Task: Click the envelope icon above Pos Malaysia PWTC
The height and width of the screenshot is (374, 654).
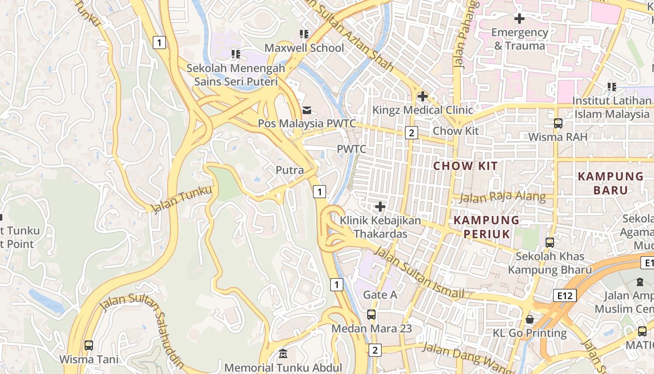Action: pyautogui.click(x=307, y=110)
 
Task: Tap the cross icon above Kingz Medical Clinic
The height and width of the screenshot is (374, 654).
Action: pyautogui.click(x=423, y=96)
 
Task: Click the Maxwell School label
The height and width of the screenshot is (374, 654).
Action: pyautogui.click(x=304, y=48)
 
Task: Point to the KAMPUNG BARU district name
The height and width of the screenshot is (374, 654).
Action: pyautogui.click(x=611, y=183)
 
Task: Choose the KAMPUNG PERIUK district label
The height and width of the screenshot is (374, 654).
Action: pyautogui.click(x=487, y=227)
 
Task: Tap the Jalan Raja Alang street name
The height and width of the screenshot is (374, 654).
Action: pyautogui.click(x=502, y=197)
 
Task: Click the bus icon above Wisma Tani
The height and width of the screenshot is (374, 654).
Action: pyautogui.click(x=89, y=345)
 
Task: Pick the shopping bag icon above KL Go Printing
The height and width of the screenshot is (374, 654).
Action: pyautogui.click(x=530, y=319)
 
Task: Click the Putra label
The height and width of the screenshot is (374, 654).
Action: pyautogui.click(x=290, y=170)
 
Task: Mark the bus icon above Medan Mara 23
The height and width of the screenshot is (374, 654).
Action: pyautogui.click(x=371, y=315)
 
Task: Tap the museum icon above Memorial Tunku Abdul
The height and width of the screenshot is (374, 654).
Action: pyautogui.click(x=283, y=354)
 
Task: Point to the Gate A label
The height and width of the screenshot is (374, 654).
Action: pyautogui.click(x=380, y=295)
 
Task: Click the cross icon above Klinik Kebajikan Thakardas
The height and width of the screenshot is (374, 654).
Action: pyautogui.click(x=380, y=206)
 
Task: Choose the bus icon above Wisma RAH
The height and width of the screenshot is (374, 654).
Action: pyautogui.click(x=558, y=123)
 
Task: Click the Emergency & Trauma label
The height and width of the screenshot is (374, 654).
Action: pyautogui.click(x=519, y=39)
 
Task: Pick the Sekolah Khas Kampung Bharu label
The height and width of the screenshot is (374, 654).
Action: pyautogui.click(x=550, y=263)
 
